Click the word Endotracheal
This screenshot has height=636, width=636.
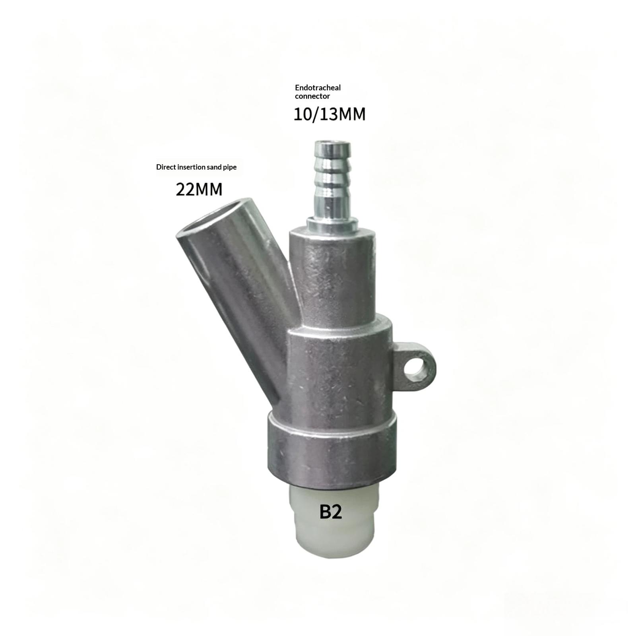318,87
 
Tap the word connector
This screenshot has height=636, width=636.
312,96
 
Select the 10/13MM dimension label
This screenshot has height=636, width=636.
330,114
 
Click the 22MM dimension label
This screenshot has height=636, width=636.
199,189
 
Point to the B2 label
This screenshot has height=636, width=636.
331,512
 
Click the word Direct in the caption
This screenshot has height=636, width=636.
166,167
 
